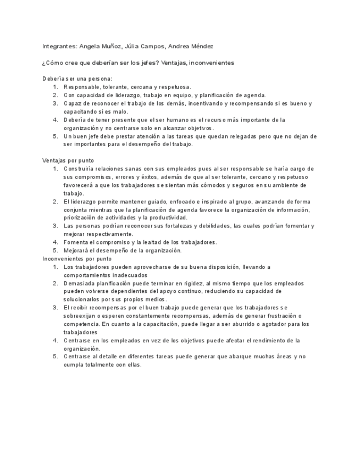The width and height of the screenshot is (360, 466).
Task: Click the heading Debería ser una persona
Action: coord(77,79)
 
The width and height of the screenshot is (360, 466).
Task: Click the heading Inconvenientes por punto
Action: coord(77,258)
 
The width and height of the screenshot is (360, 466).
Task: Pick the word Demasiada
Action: coord(80,283)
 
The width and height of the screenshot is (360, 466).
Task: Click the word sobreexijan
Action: coord(81,316)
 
